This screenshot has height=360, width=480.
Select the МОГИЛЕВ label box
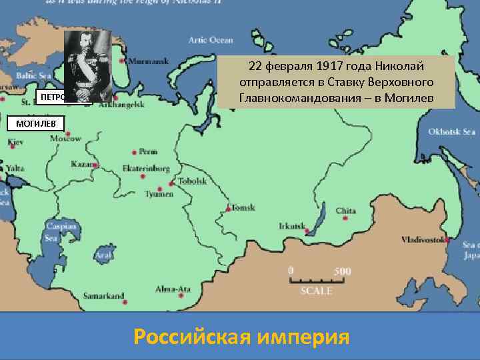27,123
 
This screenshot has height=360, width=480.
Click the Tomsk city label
243,208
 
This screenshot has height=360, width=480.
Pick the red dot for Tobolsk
172,182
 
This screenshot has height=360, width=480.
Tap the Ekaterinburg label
147,169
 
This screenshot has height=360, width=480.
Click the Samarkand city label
104,295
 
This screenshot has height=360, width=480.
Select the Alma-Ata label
173,289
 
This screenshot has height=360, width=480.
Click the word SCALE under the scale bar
315,291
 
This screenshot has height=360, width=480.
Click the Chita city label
346,211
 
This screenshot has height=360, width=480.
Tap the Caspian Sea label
51,233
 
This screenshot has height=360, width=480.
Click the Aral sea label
103,255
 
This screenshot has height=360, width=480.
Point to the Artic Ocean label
211,40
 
